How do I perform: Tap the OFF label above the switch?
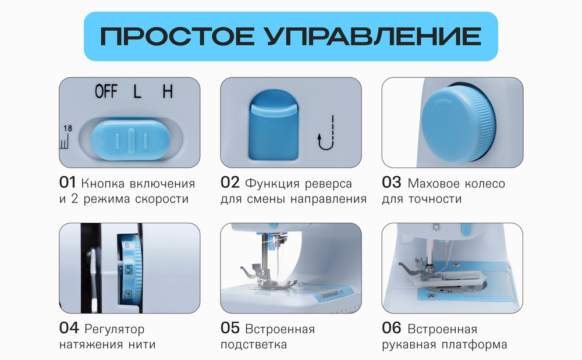pos(106,91)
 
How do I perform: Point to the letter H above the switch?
pos(168,91)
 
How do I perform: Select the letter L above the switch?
pos(137,91)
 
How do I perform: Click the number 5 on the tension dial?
pos(128,269)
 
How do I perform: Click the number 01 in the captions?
pos(68,183)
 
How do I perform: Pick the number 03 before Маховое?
pos(391,183)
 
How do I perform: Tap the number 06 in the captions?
pos(391,328)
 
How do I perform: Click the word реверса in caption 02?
pos(329,184)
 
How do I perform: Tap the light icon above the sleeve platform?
pos(434,227)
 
